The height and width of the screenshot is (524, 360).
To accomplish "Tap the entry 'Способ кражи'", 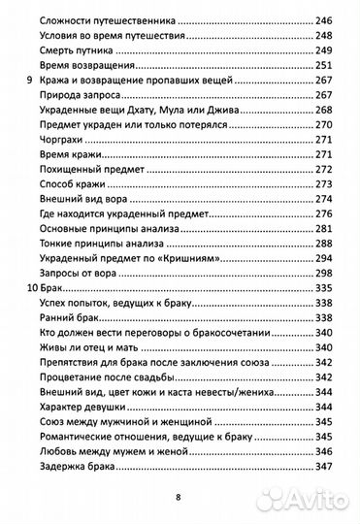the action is click(81, 186).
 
